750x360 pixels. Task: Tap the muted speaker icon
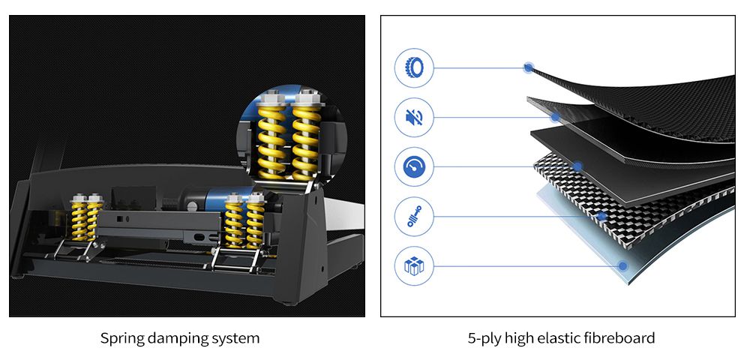[x=414, y=117]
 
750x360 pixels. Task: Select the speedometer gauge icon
[x=414, y=166]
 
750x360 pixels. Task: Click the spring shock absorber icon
[x=414, y=217]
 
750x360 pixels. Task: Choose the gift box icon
[x=414, y=265]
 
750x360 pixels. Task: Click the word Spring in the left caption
[x=121, y=338]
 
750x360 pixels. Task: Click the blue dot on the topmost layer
[x=529, y=68]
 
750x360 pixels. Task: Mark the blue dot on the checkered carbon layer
[x=601, y=217]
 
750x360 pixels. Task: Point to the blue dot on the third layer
[x=578, y=166]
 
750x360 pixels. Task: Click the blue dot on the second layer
[x=556, y=117]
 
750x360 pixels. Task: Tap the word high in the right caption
[x=519, y=338]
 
